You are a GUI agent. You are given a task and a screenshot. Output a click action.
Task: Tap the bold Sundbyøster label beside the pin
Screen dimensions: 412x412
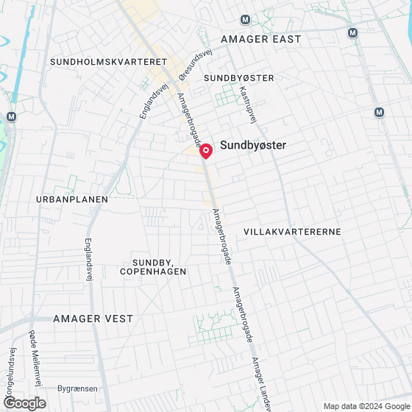(x=253, y=146)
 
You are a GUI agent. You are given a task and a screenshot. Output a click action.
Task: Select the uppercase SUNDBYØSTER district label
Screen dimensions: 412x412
(x=239, y=77)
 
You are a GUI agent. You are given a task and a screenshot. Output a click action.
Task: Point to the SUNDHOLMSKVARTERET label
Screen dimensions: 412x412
(x=109, y=63)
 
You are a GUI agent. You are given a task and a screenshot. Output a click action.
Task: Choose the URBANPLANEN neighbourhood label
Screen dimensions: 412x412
(x=71, y=199)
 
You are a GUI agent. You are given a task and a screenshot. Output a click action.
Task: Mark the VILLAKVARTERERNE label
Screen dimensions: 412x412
(x=293, y=231)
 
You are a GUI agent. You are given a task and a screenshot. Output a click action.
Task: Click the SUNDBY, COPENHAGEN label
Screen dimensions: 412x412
(x=159, y=267)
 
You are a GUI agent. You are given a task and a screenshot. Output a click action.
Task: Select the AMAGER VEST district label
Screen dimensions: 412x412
(x=93, y=319)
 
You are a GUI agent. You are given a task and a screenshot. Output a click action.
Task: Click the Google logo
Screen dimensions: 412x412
(x=25, y=403)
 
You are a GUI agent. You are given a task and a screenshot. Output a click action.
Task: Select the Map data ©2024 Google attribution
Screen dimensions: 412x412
(x=366, y=406)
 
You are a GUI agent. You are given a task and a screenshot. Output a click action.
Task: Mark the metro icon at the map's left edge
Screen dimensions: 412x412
(x=10, y=117)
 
